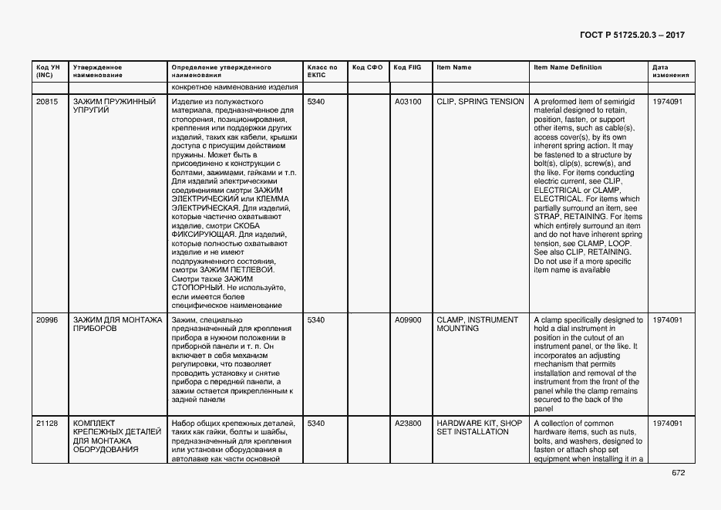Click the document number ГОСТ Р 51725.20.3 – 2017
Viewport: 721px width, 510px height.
[632, 35]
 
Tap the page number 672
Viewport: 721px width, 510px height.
[678, 473]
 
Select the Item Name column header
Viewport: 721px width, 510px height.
[453, 68]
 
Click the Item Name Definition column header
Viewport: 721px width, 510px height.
[568, 68]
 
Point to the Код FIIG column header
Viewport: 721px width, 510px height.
[407, 68]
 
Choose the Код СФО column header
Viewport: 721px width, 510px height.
[367, 68]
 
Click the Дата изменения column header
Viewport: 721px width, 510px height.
[666, 72]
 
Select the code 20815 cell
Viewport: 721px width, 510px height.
[46, 102]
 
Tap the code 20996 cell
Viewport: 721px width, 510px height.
[46, 319]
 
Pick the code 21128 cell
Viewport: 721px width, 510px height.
[46, 424]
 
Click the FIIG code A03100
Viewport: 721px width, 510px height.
[408, 102]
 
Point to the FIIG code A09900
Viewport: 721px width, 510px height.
[408, 319]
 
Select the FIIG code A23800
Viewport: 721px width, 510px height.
[408, 424]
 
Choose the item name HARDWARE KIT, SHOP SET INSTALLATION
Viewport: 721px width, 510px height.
[479, 427]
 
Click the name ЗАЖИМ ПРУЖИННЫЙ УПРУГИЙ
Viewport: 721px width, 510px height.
[114, 106]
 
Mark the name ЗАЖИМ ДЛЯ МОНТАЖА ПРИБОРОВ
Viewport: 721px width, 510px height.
[117, 324]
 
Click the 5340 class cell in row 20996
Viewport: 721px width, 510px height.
[316, 319]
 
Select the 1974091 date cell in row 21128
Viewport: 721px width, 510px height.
[667, 424]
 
